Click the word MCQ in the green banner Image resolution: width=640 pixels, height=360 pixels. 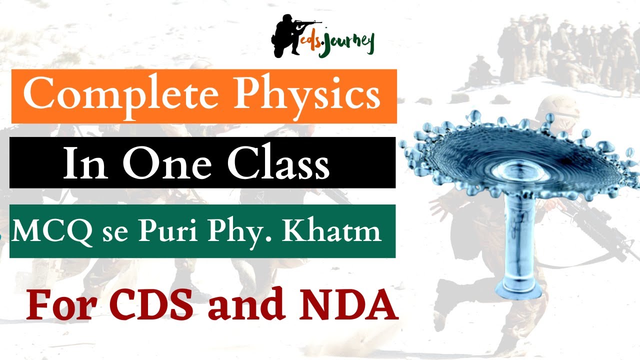click(53, 231)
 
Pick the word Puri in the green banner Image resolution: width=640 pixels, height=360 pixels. click(161, 232)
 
